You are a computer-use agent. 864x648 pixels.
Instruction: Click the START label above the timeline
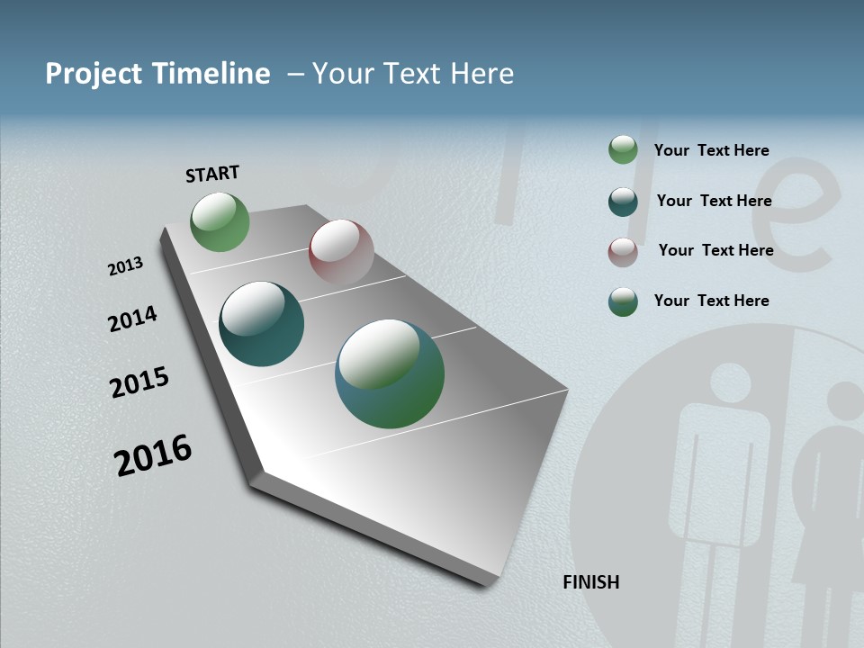pyautogui.click(x=212, y=173)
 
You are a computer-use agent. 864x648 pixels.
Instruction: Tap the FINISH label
pyautogui.click(x=590, y=582)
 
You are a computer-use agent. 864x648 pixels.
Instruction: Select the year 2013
pyautogui.click(x=125, y=266)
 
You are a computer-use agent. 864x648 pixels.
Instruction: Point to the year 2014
pyautogui.click(x=132, y=319)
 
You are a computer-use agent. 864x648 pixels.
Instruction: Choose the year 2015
pyautogui.click(x=139, y=382)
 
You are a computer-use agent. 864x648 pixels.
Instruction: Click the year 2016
pyautogui.click(x=153, y=454)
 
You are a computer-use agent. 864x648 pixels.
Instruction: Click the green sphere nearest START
pyautogui.click(x=220, y=221)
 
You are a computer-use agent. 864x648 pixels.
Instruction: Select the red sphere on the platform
pyautogui.click(x=341, y=252)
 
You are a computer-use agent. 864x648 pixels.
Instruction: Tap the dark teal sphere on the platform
pyautogui.click(x=261, y=324)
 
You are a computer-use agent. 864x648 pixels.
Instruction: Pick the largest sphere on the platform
pyautogui.click(x=389, y=373)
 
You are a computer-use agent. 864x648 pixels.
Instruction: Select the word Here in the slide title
pyautogui.click(x=481, y=74)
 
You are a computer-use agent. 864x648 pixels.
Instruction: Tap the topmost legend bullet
pyautogui.click(x=623, y=149)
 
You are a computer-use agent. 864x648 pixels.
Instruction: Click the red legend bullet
pyautogui.click(x=623, y=252)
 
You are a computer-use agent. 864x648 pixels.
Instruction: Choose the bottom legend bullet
pyautogui.click(x=623, y=301)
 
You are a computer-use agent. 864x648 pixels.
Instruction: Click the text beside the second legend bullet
pyautogui.click(x=714, y=201)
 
